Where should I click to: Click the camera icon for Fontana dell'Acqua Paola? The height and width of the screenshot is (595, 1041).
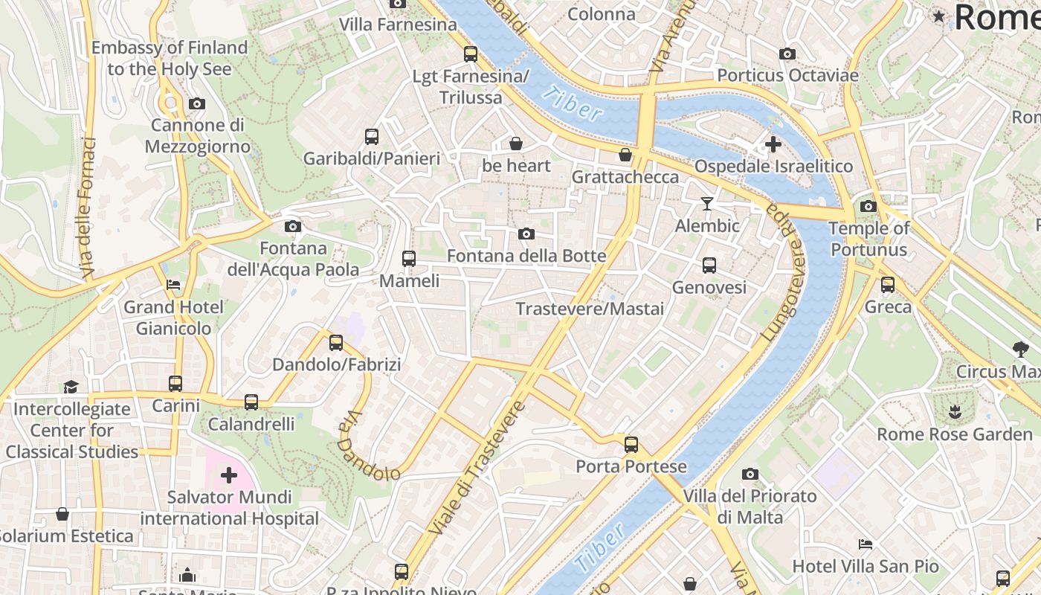(292, 226)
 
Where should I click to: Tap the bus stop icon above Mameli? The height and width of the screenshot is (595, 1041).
(408, 259)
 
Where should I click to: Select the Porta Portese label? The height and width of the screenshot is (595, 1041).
(631, 466)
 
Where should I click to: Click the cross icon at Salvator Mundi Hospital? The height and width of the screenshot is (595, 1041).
(228, 475)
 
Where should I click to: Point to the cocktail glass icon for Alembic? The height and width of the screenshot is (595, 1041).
(706, 203)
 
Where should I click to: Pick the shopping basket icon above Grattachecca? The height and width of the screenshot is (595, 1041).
(625, 155)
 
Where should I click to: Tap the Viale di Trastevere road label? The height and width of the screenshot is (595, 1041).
(477, 469)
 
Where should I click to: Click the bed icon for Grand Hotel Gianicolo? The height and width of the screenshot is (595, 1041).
(173, 284)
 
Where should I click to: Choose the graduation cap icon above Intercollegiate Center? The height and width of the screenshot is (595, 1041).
(71, 387)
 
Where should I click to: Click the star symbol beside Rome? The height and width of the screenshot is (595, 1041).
(939, 16)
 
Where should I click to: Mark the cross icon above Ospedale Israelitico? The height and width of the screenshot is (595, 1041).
(773, 144)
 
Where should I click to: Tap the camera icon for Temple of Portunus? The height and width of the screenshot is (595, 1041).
(868, 206)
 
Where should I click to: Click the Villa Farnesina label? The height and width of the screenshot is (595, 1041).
(398, 25)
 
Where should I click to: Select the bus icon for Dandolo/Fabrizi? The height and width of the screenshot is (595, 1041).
(336, 342)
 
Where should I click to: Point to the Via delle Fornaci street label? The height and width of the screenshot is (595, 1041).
(87, 208)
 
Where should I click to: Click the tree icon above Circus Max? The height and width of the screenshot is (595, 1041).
(1020, 349)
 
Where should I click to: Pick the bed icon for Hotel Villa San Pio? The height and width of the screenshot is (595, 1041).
(865, 544)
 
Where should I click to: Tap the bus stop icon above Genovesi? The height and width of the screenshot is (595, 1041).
(709, 265)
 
